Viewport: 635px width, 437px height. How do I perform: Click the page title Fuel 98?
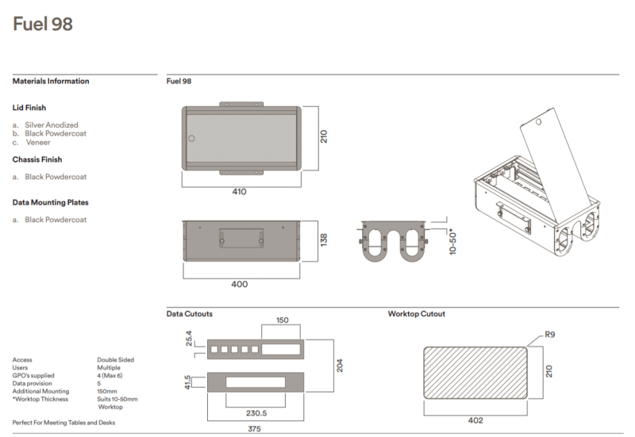pos(43,25)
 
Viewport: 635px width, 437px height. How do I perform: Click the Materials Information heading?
pos(51,81)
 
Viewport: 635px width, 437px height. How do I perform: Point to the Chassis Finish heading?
pos(37,159)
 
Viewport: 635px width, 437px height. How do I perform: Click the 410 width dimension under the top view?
pos(239,192)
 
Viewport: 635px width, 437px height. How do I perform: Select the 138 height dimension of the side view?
pos(323,240)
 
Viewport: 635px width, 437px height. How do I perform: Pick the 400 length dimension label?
pos(239,284)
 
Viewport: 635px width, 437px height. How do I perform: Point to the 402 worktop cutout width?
pos(475,420)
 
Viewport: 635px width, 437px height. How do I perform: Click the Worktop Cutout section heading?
pos(416,314)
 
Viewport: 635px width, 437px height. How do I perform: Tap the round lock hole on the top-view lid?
pos(190,139)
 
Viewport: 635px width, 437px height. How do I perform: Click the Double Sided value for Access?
pos(115,359)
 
